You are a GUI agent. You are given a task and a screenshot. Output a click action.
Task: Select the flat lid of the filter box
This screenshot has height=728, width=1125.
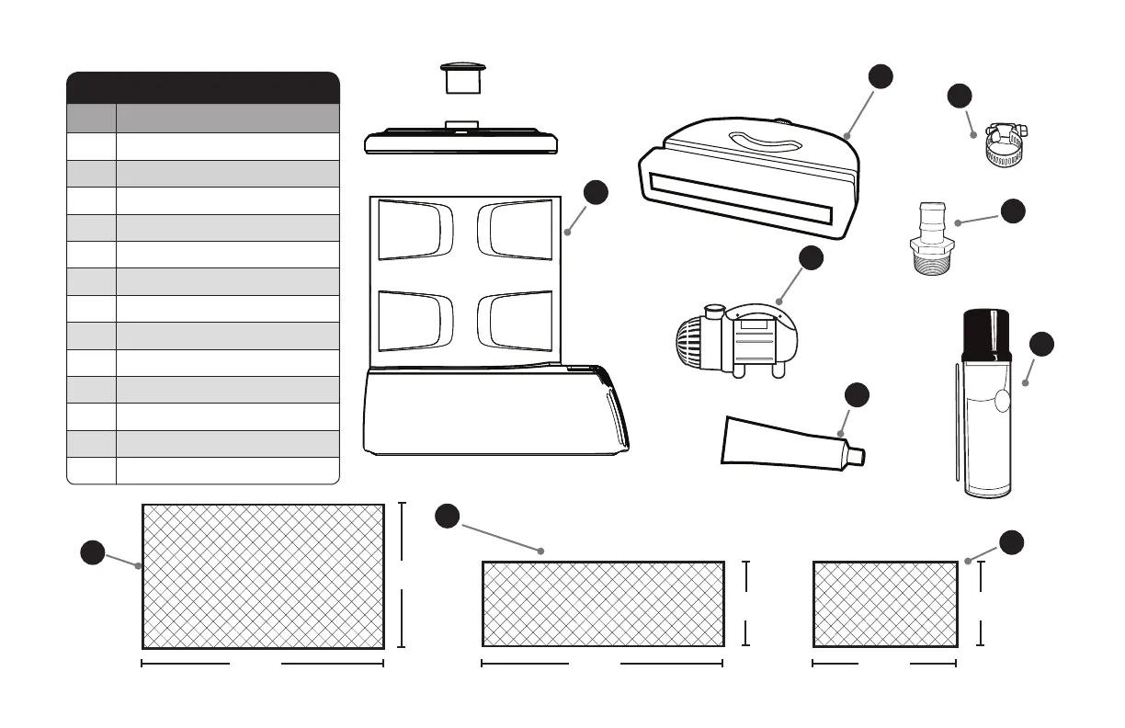click(x=462, y=142)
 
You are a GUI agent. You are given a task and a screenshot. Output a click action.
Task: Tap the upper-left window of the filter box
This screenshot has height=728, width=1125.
click(x=416, y=230)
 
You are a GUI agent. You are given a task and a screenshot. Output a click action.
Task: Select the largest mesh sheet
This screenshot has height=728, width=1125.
click(x=263, y=576)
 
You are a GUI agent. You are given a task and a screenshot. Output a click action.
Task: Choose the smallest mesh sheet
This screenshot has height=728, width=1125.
click(x=885, y=605)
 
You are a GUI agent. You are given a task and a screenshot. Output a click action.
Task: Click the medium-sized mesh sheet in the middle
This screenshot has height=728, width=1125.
click(x=602, y=605)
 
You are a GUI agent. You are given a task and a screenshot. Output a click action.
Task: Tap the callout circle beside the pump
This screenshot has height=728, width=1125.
click(x=811, y=259)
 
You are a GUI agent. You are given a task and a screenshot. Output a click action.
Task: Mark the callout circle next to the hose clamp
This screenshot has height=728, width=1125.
click(x=960, y=97)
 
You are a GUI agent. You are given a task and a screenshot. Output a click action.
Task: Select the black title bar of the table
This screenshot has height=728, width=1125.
click(x=203, y=87)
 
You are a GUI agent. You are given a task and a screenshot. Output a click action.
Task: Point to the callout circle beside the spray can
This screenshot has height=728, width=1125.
click(x=1041, y=345)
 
